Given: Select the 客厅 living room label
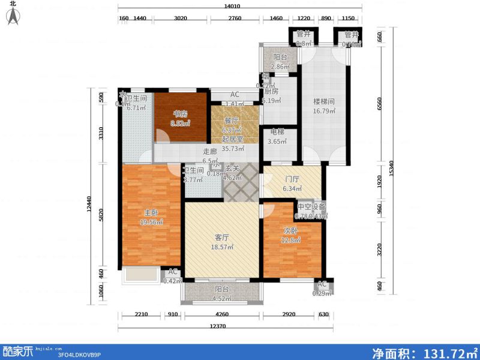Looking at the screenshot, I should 223,237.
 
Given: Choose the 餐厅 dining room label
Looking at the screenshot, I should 232,120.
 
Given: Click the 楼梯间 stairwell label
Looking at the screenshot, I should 323,101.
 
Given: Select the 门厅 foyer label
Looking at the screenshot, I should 280,178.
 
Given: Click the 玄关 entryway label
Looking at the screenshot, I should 232,170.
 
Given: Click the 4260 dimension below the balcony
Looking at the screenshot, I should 221,314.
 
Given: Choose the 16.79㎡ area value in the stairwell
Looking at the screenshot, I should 324,110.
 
